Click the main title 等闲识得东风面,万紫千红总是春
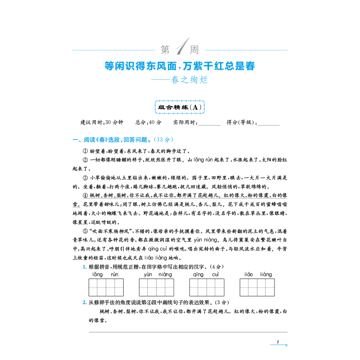(x=180, y=67)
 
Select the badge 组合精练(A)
(x=180, y=107)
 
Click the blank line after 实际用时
(x=209, y=122)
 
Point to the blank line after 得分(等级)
(x=269, y=122)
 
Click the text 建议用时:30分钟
(x=99, y=122)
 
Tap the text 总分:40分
(x=148, y=122)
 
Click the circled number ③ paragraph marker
(x=85, y=178)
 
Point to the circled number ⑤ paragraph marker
(x=85, y=229)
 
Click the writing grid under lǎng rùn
(x=106, y=287)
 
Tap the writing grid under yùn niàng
(x=157, y=287)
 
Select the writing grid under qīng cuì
(x=207, y=287)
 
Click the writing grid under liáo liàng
(x=257, y=287)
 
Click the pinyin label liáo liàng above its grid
(x=258, y=274)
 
